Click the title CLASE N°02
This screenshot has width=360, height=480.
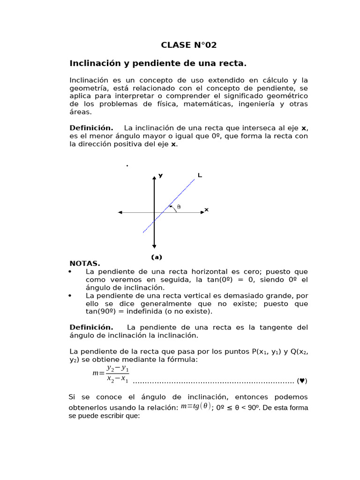pyautogui.click(x=189, y=45)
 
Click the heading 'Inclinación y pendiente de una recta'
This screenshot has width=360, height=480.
pyautogui.click(x=158, y=63)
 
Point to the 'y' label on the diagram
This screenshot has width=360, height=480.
pyautogui.click(x=161, y=175)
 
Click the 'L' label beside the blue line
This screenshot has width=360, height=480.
pyautogui.click(x=200, y=175)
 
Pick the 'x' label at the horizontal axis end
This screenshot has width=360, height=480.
pyautogui.click(x=207, y=210)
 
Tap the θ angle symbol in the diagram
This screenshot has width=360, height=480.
pyautogui.click(x=179, y=207)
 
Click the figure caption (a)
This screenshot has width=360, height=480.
pyautogui.click(x=156, y=257)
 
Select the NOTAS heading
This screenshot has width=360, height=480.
pyautogui.click(x=84, y=264)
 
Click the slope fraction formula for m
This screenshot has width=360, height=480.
pyautogui.click(x=112, y=374)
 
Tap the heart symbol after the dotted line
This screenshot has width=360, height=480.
pyautogui.click(x=303, y=381)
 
